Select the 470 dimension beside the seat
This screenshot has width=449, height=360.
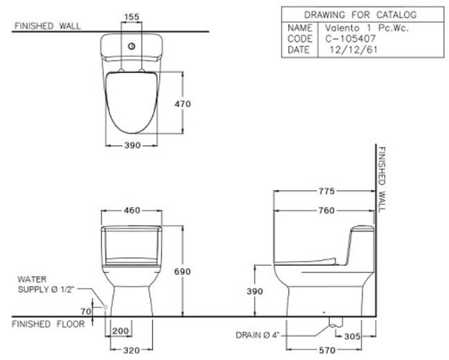click(183, 104)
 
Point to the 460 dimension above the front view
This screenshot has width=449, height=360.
click(131, 210)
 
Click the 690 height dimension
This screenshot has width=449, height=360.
click(183, 271)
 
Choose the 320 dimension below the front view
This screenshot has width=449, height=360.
click(131, 350)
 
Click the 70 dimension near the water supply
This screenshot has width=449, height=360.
click(86, 312)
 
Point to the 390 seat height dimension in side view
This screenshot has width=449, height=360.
click(255, 291)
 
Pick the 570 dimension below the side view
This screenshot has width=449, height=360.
click(329, 350)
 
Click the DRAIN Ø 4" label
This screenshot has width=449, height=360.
click(257, 335)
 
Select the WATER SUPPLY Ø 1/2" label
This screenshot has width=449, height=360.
click(43, 283)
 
